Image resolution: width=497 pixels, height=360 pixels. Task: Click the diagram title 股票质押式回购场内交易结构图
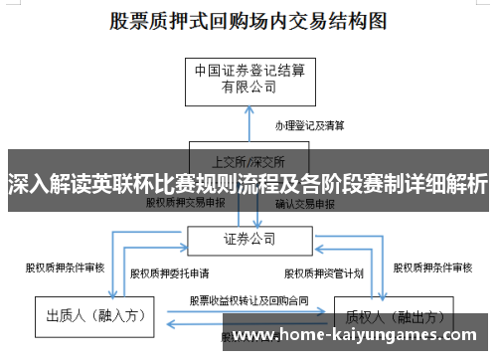[248, 21]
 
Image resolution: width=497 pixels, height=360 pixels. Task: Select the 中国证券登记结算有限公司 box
[248, 77]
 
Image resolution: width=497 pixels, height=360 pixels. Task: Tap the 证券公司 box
[248, 240]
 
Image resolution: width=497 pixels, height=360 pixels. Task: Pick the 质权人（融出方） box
[387, 316]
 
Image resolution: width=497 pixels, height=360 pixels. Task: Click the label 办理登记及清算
[309, 126]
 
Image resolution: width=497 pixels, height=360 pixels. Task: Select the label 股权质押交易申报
[186, 202]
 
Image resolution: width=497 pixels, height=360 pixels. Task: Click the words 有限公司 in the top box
[248, 87]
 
